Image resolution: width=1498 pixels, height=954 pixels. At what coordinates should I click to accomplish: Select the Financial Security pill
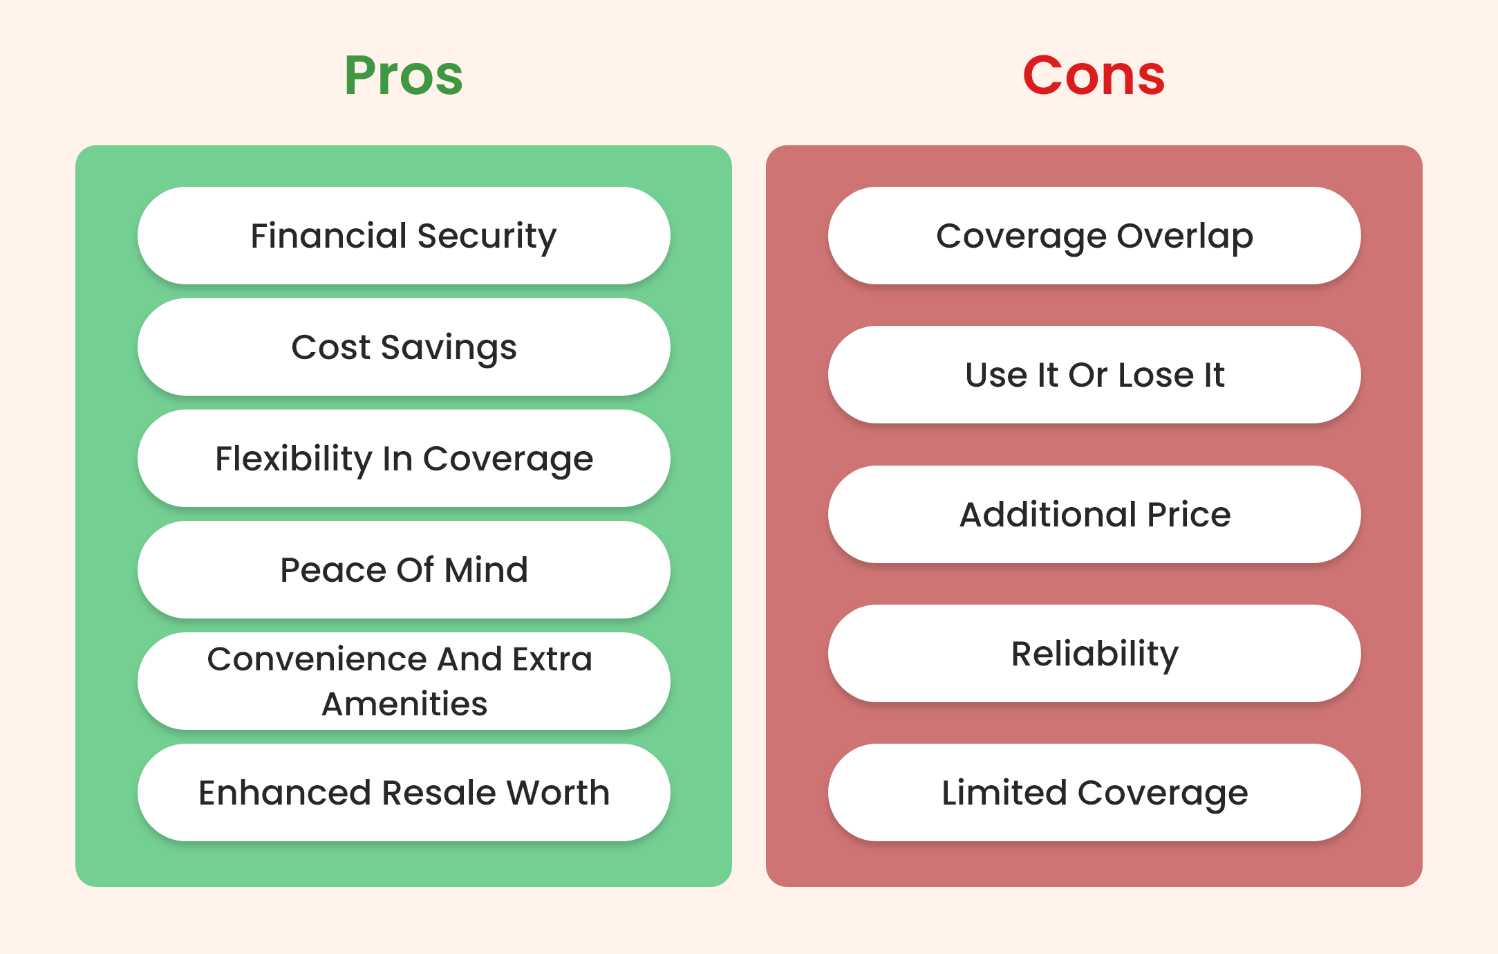tap(404, 236)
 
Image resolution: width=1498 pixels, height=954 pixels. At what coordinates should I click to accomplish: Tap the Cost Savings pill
tap(404, 347)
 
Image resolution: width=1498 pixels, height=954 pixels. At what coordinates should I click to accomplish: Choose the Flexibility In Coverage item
tap(404, 459)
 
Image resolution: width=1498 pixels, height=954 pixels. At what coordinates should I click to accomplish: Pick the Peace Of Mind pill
tap(404, 570)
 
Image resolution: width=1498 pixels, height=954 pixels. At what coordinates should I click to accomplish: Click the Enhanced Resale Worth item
tap(404, 793)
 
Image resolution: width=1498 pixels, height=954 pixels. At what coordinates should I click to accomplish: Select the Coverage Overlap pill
tap(1094, 236)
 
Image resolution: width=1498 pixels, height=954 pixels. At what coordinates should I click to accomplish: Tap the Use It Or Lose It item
tap(1094, 375)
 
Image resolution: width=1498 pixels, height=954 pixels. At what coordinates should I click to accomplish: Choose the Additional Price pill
tap(1094, 515)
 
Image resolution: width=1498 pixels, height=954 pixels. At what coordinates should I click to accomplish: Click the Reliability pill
tap(1094, 654)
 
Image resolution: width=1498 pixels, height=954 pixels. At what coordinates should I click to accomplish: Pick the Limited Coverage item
tap(1094, 793)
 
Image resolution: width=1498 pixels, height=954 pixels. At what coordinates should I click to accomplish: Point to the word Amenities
tap(404, 704)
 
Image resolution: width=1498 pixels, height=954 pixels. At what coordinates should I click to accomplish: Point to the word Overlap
tap(1185, 237)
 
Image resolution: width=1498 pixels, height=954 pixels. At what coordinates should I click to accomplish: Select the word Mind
tap(486, 570)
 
